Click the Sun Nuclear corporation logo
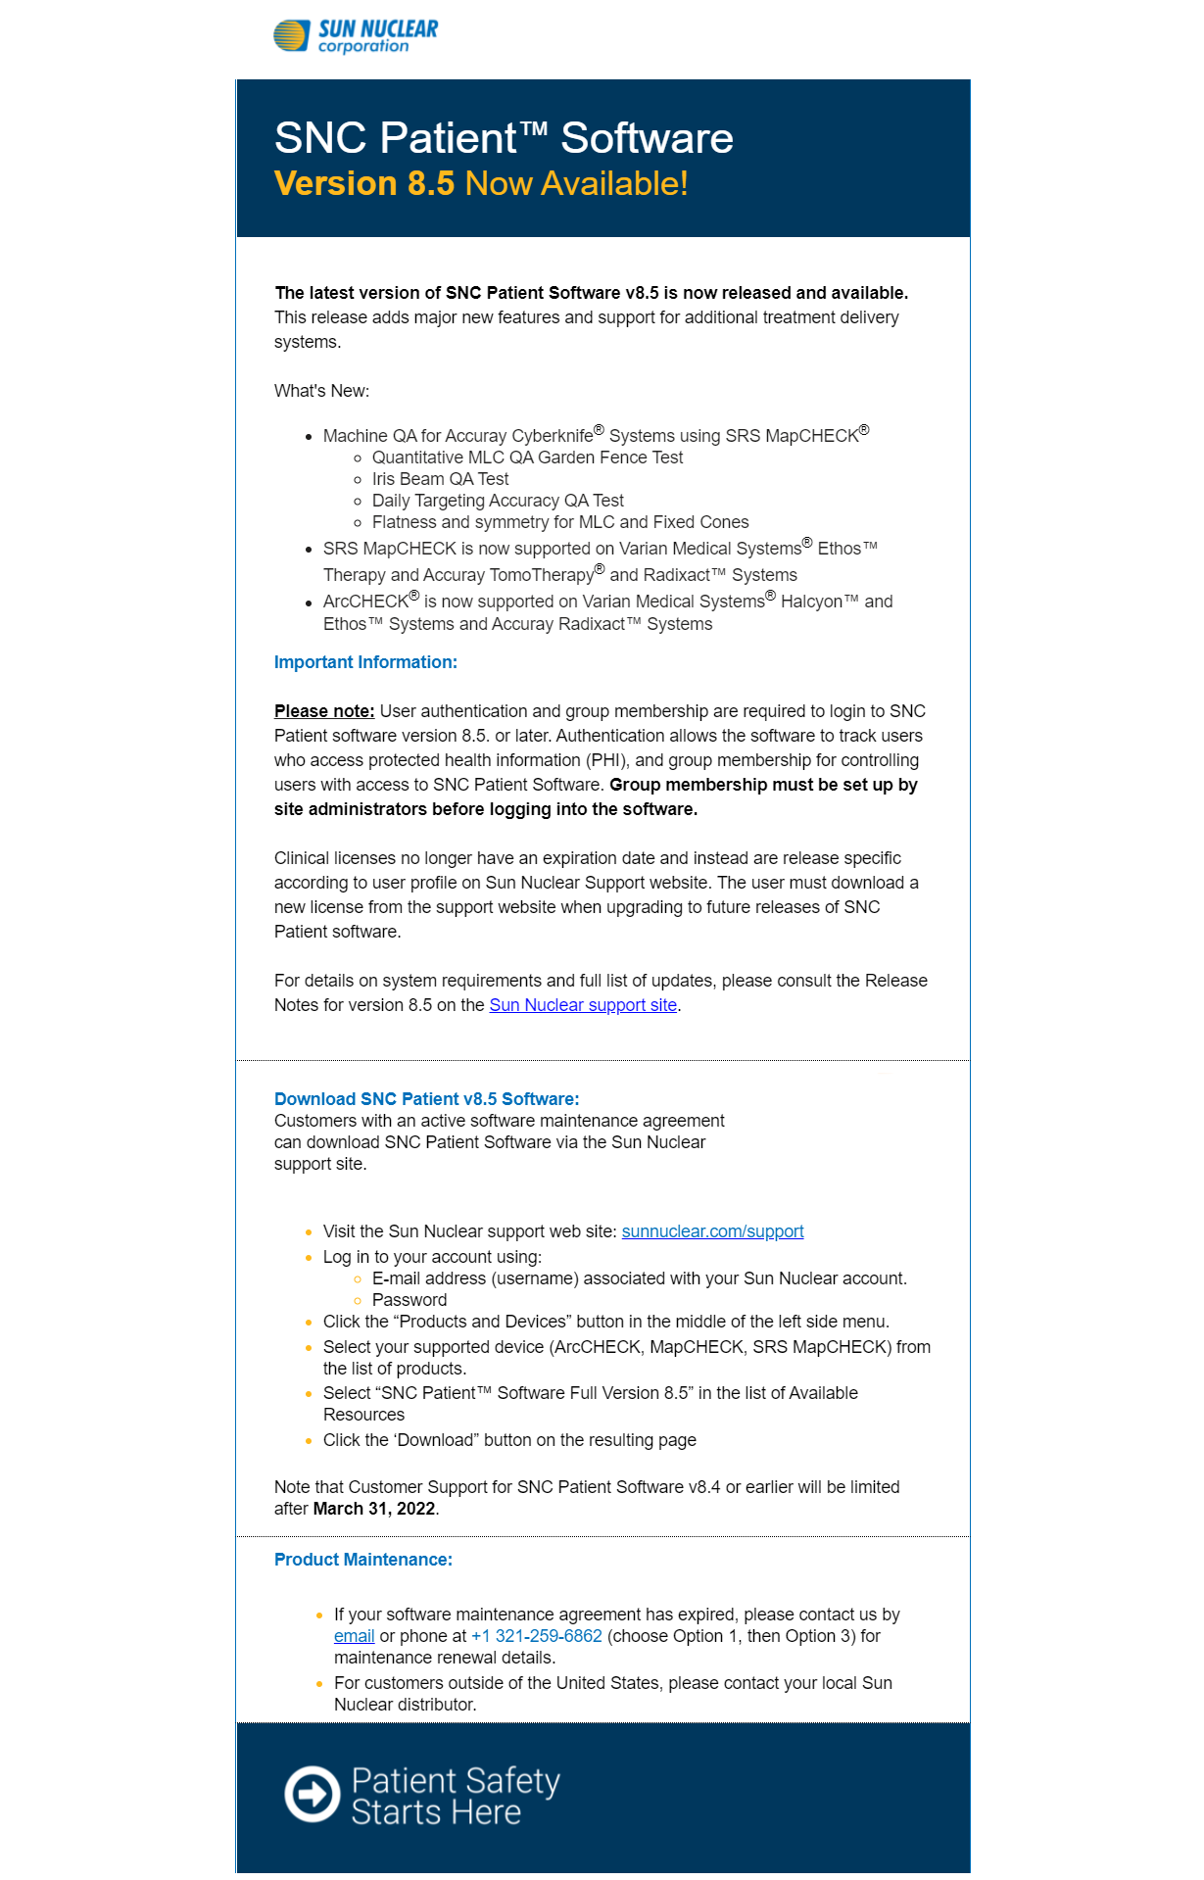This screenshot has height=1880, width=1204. (355, 36)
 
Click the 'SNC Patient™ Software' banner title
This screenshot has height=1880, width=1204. (504, 138)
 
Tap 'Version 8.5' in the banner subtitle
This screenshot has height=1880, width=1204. (364, 184)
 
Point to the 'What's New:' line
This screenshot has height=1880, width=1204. (321, 391)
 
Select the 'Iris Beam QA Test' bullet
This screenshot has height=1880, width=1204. (440, 479)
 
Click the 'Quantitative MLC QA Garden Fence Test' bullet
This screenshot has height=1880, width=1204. (527, 458)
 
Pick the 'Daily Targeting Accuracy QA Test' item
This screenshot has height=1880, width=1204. (498, 501)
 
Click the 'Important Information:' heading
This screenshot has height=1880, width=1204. (365, 662)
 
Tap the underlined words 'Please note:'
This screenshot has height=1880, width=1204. (324, 711)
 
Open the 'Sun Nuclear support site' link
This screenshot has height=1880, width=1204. (583, 1005)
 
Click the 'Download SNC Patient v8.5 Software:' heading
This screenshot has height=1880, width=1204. (426, 1099)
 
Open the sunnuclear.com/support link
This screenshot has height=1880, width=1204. (712, 1231)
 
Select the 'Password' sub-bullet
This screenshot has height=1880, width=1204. (409, 1300)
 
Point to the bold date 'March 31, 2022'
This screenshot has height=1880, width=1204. (374, 1509)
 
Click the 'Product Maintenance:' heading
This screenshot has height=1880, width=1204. (362, 1560)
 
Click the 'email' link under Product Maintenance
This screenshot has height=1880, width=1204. (354, 1636)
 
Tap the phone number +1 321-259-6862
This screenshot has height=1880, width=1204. (537, 1636)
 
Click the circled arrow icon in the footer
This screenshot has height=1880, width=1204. (312, 1795)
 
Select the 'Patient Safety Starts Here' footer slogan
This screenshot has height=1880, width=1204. (455, 1796)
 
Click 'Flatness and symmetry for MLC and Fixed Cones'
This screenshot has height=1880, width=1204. (560, 522)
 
